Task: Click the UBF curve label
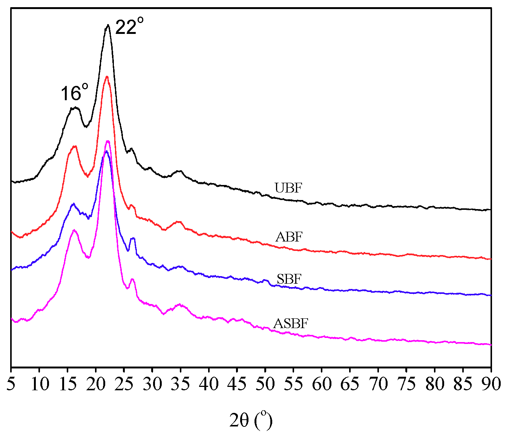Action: (x=288, y=188)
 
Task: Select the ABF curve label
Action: (x=289, y=237)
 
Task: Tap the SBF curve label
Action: (x=289, y=279)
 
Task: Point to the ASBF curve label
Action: (x=291, y=324)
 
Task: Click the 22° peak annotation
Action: (x=129, y=27)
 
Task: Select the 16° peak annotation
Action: (x=75, y=93)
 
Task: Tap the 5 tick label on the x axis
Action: (x=11, y=384)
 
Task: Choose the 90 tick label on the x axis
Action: (x=491, y=384)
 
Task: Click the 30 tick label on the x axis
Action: (x=152, y=384)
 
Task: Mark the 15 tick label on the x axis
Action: (x=67, y=384)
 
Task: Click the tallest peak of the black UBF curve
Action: (x=108, y=25)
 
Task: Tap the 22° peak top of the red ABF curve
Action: (x=107, y=77)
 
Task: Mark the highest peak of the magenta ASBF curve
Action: (x=108, y=141)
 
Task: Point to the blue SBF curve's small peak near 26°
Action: (x=132, y=238)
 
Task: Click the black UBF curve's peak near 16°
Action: (x=74, y=108)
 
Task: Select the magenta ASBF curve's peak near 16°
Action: (x=74, y=230)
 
